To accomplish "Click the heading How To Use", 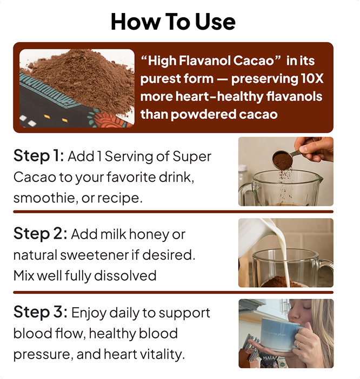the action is point(173,22).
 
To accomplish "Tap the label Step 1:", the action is point(39,155).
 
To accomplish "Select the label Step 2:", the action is point(41,233).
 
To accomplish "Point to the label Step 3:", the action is point(41,312).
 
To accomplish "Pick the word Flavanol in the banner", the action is point(205,60).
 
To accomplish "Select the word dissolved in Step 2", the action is point(125,275).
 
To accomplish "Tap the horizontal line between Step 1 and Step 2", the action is point(173,212).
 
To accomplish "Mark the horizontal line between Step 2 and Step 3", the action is point(173,293).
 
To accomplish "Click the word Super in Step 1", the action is point(191,157).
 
